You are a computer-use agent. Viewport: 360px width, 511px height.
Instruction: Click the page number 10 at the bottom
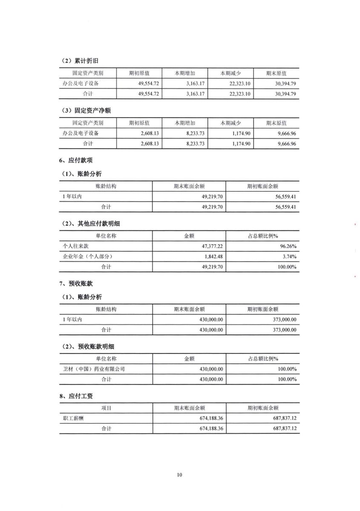click(179, 475)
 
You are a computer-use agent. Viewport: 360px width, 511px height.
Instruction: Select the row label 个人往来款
click(75, 246)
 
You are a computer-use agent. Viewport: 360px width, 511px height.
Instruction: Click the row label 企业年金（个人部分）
click(87, 256)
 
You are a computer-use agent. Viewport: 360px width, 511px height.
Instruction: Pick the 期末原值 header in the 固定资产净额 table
click(276, 123)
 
